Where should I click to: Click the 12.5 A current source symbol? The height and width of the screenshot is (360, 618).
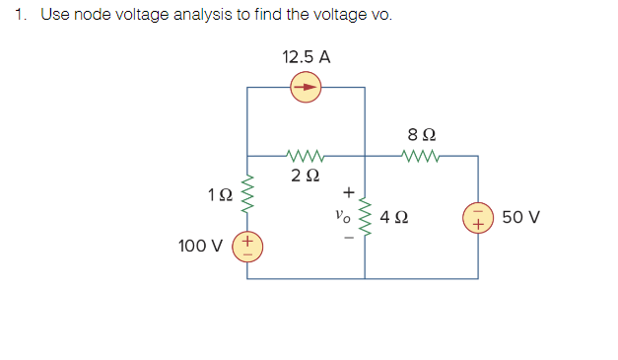306,88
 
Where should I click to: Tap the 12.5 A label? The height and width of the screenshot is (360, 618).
306,57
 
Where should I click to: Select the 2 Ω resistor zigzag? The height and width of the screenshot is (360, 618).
305,155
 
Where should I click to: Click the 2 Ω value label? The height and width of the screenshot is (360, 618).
306,177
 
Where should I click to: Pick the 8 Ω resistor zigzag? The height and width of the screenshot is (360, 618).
422,155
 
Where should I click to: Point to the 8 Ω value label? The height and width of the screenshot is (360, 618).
422,133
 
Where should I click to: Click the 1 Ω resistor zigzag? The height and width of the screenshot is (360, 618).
247,195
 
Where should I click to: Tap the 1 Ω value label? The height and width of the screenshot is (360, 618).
220,195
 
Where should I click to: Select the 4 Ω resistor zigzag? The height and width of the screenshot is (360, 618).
366,217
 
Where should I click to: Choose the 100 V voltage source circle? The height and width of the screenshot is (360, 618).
247,245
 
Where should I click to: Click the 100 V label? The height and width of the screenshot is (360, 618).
199,245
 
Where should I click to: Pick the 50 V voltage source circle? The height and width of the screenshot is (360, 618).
479,217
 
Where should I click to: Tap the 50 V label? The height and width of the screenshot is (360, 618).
520,217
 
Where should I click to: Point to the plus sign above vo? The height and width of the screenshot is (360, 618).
346,193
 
